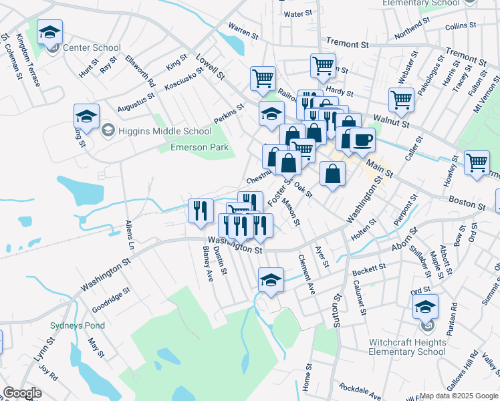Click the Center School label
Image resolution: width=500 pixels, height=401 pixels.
tap(92, 47)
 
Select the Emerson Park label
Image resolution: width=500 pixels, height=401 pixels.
tap(199, 147)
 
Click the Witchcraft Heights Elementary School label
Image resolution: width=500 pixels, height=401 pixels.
tap(407, 347)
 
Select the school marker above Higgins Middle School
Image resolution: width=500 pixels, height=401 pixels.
tap(86, 116)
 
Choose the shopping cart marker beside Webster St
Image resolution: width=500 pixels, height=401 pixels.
tap(401, 100)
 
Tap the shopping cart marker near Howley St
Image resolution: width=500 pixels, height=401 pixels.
tap(477, 163)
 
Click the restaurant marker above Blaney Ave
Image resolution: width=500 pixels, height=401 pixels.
tap(201, 211)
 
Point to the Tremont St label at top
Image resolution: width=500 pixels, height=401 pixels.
tap(348, 45)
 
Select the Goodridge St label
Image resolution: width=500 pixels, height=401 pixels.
tap(112, 301)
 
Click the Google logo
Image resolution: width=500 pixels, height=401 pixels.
tap(22, 393)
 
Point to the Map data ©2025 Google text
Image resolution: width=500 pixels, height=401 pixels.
tap(459, 396)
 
